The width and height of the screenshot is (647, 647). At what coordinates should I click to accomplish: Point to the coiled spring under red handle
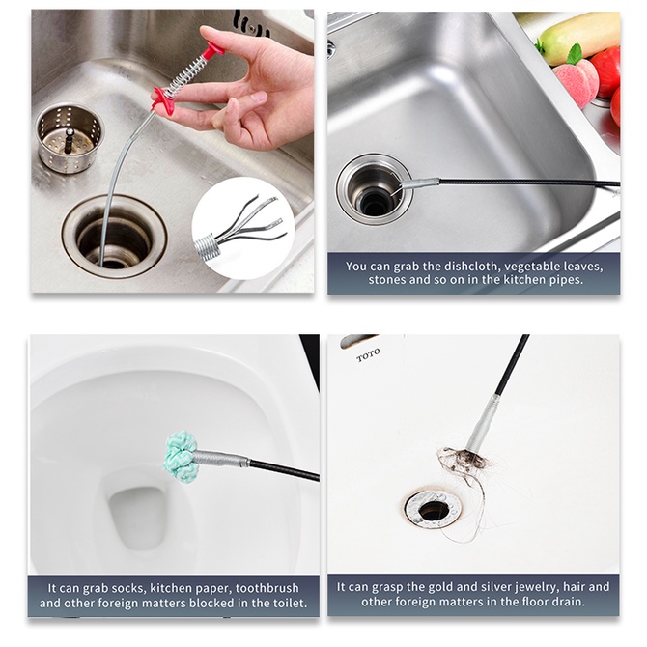184,76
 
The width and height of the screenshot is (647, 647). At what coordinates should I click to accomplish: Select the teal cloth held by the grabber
180,456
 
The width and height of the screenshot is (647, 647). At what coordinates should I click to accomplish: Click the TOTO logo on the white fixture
368,355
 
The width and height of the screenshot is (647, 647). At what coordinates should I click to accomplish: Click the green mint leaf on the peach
574,54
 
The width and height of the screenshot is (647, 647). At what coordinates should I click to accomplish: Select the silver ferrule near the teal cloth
221,459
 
